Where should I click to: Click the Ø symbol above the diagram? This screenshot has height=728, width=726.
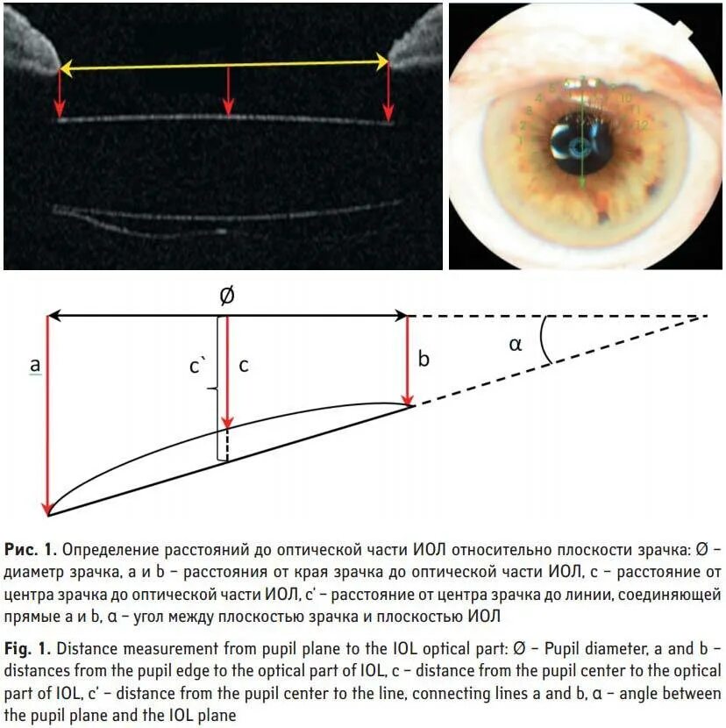tap(226, 296)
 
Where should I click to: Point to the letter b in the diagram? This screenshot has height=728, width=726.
tap(423, 359)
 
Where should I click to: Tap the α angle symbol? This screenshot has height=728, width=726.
tap(516, 345)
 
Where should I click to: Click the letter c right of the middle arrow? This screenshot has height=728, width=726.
tap(244, 366)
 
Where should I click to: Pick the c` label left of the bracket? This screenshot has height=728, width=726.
tap(198, 366)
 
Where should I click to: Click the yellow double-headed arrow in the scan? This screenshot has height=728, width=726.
tap(224, 64)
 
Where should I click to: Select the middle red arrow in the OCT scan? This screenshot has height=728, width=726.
tap(229, 91)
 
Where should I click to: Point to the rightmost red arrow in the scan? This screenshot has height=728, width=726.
tap(388, 93)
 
